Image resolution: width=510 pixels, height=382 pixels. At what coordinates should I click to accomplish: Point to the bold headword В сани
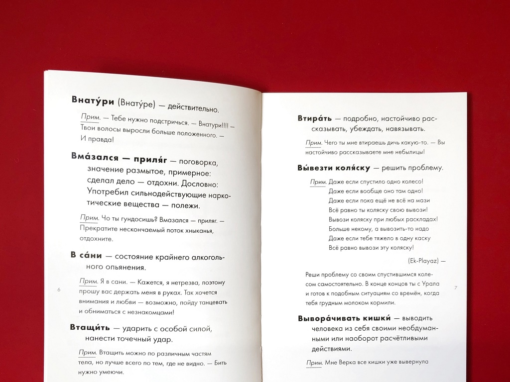[x=86, y=255]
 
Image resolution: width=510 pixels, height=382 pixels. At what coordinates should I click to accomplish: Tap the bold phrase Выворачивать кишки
[x=344, y=318]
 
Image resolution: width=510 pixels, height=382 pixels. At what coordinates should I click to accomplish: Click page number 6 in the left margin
[x=59, y=289]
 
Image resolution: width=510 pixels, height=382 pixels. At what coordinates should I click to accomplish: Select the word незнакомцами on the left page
[x=152, y=312]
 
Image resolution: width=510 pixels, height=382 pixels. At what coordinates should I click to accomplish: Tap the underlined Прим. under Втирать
[x=313, y=142]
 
